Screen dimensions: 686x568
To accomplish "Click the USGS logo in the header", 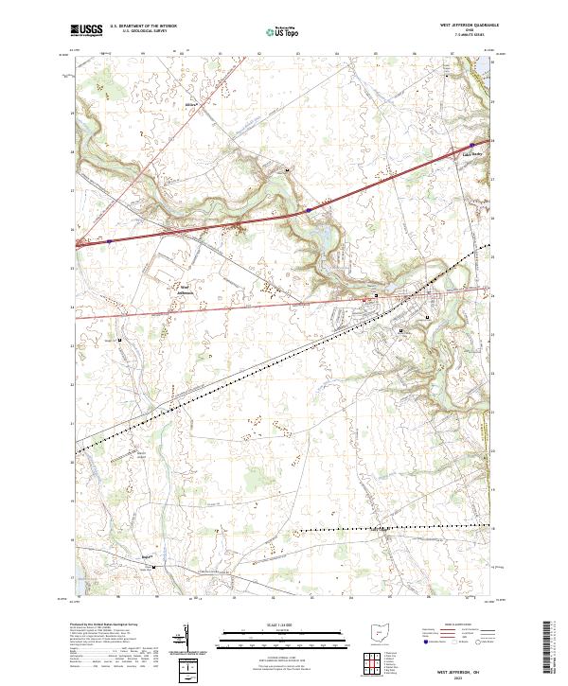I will pyautogui.click(x=86, y=30).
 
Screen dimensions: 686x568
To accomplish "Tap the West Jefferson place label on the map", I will pyautogui.click(x=186, y=290).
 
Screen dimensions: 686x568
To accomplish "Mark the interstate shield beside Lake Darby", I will pyautogui.click(x=471, y=146).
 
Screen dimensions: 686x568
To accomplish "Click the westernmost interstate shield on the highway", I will pyautogui.click(x=109, y=240).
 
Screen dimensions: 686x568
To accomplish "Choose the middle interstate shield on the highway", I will pyautogui.click(x=310, y=209).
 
